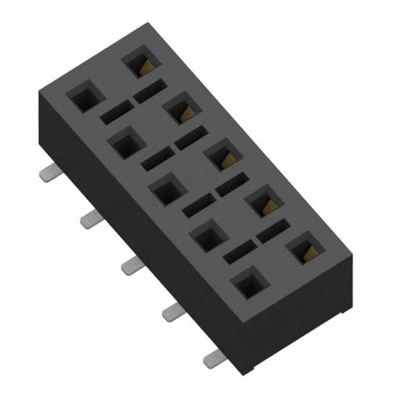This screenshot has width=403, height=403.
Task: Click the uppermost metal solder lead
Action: [x=48, y=174]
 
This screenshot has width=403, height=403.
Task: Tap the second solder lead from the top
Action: [x=90, y=219]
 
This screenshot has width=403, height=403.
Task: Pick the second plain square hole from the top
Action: [x=127, y=144]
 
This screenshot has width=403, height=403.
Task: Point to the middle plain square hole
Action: [x=167, y=190]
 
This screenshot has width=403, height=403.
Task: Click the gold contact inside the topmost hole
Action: [x=145, y=66]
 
